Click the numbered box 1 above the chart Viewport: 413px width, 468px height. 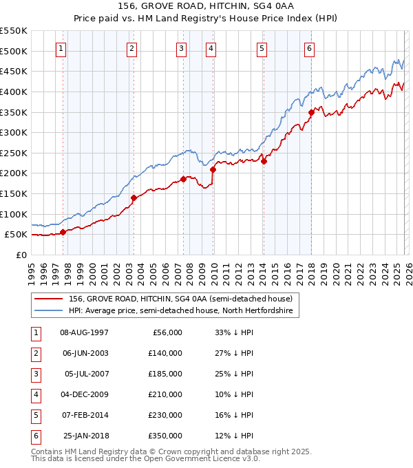(62, 48)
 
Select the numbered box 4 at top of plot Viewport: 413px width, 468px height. (210, 48)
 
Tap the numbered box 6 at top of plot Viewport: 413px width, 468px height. (310, 48)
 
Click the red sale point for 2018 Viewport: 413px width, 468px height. (311, 112)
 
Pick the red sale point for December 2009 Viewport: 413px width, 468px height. (213, 169)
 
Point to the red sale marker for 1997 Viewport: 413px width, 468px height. (63, 232)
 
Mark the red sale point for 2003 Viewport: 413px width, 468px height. (134, 198)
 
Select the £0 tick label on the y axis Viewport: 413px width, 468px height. (22, 255)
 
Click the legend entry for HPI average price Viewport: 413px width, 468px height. (180, 311)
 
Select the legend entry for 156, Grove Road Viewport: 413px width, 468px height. (180, 299)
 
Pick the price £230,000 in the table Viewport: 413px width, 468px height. (165, 415)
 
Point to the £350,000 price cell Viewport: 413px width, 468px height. (165, 436)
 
